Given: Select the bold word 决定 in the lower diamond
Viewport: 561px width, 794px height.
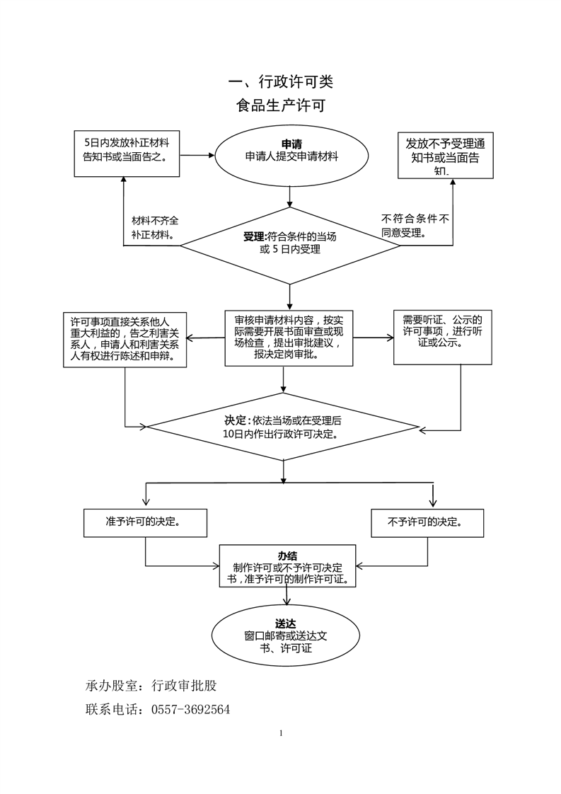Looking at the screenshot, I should [237, 420].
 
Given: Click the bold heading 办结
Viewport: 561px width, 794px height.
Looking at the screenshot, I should [287, 556].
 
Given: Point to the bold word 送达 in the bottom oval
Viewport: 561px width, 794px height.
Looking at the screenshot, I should [286, 623].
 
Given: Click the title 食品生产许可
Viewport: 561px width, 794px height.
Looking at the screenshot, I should [281, 106].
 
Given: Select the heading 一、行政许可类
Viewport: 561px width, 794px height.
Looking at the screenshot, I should [280, 82].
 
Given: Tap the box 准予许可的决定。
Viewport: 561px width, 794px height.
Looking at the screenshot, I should [145, 522].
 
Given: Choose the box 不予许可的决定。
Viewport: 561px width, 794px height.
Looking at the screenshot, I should [427, 522].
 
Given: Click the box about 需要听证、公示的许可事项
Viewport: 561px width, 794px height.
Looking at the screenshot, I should [442, 337].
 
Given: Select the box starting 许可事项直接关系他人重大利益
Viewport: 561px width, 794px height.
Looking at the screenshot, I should [125, 339].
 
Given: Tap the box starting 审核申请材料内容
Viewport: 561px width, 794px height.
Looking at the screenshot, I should [289, 338].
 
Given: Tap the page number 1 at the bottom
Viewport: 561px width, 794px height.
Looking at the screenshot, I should [281, 732].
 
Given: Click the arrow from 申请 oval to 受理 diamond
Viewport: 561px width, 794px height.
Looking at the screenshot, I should [289, 197].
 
